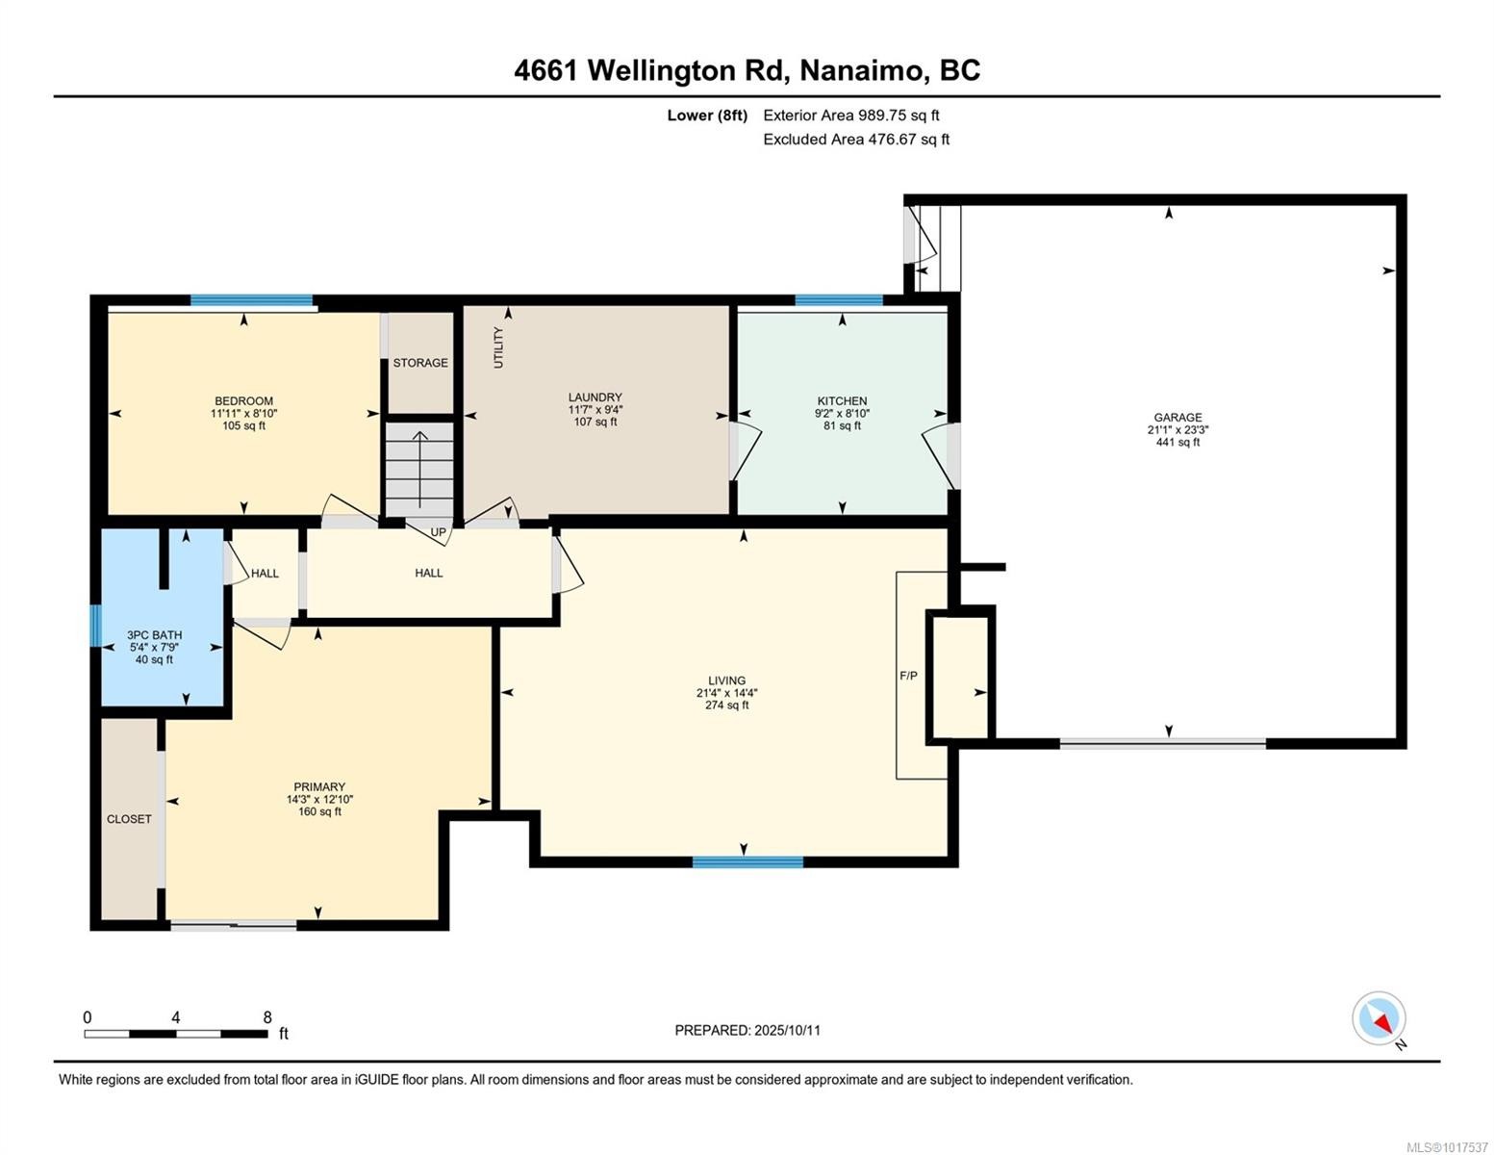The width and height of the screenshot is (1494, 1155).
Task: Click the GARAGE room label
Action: pos(1177,418)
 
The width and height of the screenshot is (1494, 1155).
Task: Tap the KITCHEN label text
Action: pos(842,400)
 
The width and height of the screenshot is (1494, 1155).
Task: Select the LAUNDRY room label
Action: pos(595,397)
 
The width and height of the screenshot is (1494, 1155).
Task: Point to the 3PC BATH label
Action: pos(154,635)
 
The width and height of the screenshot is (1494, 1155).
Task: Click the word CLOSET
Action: pos(129,819)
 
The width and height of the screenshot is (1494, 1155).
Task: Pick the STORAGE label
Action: pos(420,363)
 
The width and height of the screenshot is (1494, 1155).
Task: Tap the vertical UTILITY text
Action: pos(498,347)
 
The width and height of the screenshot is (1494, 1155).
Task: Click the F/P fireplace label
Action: pos(908,676)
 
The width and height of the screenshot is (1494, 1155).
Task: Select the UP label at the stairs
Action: pos(438,532)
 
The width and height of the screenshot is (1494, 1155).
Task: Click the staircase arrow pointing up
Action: pos(419,467)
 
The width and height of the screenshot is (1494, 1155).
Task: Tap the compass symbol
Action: pos(1380,1018)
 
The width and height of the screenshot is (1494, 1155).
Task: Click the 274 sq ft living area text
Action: pos(726,706)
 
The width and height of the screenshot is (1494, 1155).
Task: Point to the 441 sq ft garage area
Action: pos(1177,443)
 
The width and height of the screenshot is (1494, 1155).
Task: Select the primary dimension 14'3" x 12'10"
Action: pos(319,799)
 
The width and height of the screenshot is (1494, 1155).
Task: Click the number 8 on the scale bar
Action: pos(267,1017)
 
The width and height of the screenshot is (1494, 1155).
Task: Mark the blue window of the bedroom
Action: pos(251,300)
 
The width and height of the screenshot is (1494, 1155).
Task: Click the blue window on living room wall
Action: pos(747,862)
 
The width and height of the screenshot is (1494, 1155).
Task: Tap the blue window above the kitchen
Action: pos(839,300)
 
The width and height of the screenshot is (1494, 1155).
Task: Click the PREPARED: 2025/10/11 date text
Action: pos(747,1030)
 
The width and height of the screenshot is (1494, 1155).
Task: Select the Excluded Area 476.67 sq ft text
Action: pos(856,140)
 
